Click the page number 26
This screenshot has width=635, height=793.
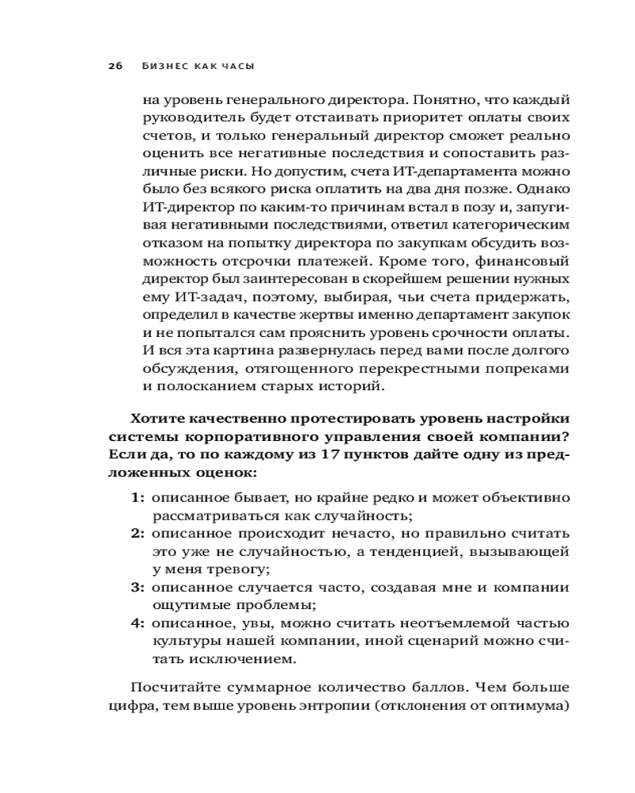(114, 67)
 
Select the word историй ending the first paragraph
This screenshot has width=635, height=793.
(356, 387)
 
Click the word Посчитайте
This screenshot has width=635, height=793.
(167, 687)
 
